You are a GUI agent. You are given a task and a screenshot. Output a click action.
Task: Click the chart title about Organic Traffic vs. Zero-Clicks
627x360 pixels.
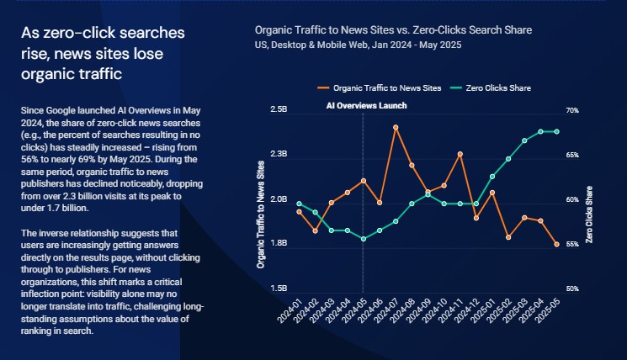click(393, 30)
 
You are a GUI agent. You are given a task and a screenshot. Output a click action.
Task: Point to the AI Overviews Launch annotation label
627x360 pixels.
click(366, 106)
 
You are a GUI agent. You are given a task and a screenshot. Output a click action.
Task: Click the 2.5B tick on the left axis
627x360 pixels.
click(279, 110)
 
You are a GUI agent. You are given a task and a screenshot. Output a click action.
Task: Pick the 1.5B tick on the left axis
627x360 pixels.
click(279, 289)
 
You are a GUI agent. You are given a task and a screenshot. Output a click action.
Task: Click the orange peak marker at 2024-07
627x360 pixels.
click(396, 127)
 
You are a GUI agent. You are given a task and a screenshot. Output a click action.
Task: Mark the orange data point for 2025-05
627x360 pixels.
click(556, 245)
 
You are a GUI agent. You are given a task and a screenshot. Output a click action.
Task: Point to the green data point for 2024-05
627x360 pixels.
click(364, 239)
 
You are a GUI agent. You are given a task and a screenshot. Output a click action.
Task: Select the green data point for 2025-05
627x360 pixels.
click(556, 131)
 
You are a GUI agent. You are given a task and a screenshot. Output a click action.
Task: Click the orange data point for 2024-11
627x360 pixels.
click(460, 154)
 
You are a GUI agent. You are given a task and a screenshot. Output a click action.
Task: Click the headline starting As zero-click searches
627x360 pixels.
click(103, 52)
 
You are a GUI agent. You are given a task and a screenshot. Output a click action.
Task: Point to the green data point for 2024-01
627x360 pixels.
click(299, 203)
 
